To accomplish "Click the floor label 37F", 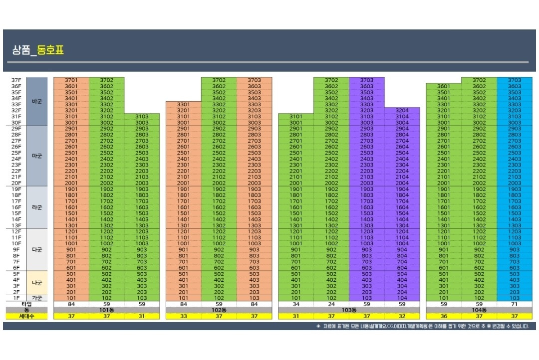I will tap(16, 80).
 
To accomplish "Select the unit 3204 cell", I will tap(402, 110).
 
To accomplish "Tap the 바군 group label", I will tap(37, 101).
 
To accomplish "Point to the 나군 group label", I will tap(37, 283).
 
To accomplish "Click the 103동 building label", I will tap(349, 310).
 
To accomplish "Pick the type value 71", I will tap(515, 304).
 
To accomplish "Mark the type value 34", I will tap(296, 304).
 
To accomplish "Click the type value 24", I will tap(331, 304).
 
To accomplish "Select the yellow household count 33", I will tap(183, 316).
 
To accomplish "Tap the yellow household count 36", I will tap(443, 316).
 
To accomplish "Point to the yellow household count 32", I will tap(402, 316).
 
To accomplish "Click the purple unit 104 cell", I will tap(402, 298).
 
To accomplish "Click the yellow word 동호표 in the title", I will tap(51, 50).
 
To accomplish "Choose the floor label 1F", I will tap(16, 298).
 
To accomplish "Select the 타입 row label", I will tap(26, 304).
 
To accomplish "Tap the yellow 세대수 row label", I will tap(26, 316).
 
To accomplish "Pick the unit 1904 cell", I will tap(402, 189).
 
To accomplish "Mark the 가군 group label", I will tap(37, 298).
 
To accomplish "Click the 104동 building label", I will tap(479, 310).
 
